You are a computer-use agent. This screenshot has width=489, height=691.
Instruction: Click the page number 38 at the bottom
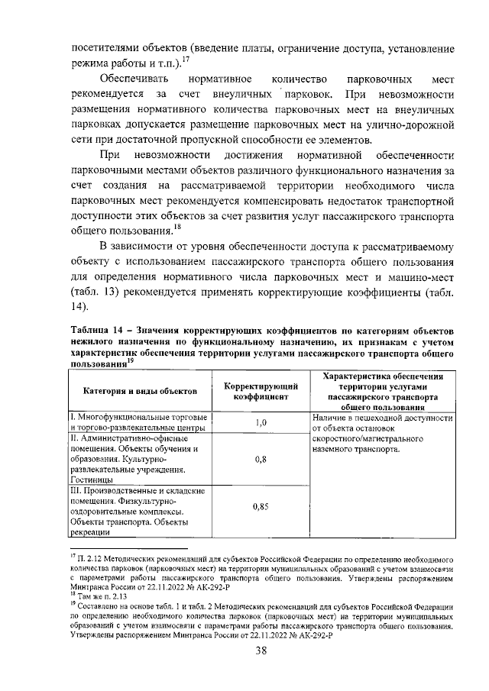click(x=260, y=651)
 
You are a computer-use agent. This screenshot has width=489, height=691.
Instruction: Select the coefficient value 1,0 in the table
click(x=260, y=423)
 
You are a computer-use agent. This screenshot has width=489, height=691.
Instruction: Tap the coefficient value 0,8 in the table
click(x=260, y=460)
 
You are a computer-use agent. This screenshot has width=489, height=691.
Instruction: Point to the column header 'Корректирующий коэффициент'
click(x=260, y=391)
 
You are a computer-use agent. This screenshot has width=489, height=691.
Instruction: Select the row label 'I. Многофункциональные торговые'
click(x=138, y=418)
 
